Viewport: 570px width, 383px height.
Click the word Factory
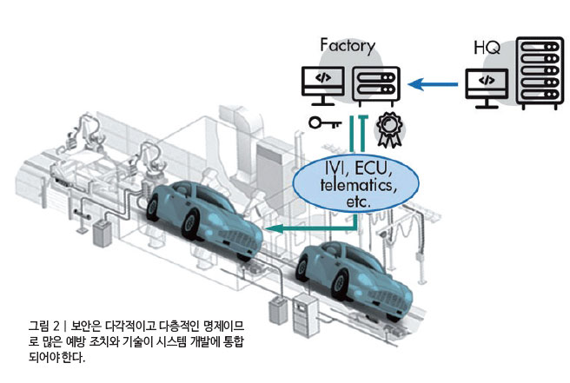[x=348, y=47]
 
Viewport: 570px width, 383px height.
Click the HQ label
[x=487, y=48]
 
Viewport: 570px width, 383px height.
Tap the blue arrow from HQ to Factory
[x=433, y=84]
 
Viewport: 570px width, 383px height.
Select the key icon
[x=325, y=122]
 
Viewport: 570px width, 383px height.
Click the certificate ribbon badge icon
[x=389, y=129]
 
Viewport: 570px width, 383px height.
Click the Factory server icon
[x=376, y=84]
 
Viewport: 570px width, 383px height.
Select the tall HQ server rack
[x=540, y=73]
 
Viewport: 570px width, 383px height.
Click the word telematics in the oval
[x=356, y=185]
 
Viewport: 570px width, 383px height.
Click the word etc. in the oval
[x=358, y=201]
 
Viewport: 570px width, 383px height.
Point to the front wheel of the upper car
[x=190, y=225]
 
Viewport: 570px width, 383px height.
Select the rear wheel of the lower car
[x=302, y=269]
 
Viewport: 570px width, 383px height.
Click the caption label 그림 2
[x=44, y=326]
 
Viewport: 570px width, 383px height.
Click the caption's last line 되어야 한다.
[x=56, y=357]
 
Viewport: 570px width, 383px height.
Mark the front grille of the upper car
[x=238, y=237]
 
